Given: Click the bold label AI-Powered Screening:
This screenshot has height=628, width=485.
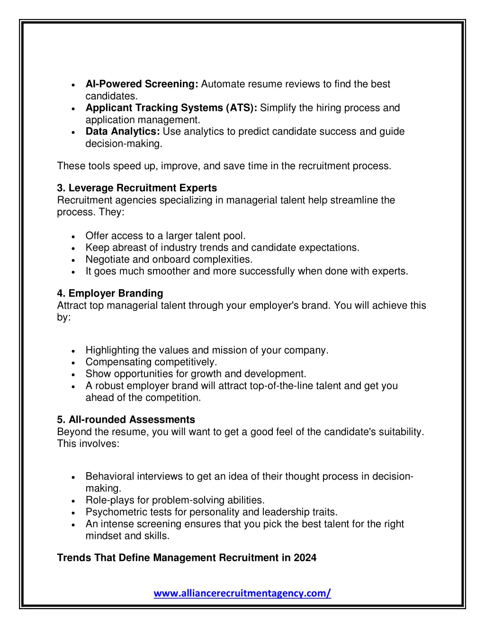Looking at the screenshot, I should coord(142,84).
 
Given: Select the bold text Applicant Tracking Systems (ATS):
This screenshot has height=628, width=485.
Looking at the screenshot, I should coord(171,108).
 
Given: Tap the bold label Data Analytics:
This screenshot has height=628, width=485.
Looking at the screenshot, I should coord(122,132).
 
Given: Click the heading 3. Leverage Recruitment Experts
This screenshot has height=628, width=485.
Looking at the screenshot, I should coord(137,188).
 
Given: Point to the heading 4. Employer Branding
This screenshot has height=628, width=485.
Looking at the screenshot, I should coord(110,293).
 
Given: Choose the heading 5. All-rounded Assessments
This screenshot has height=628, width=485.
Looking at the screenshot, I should coord(126,420).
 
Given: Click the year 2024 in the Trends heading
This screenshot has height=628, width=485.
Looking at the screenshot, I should coord(305,558).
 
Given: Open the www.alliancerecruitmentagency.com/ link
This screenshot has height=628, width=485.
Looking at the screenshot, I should coord(242,593).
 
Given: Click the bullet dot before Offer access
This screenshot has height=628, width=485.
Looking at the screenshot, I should coord(73,237).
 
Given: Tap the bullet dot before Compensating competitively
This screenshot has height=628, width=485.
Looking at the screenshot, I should coord(73,363).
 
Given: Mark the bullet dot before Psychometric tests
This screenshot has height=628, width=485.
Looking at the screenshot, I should coord(73,513).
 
